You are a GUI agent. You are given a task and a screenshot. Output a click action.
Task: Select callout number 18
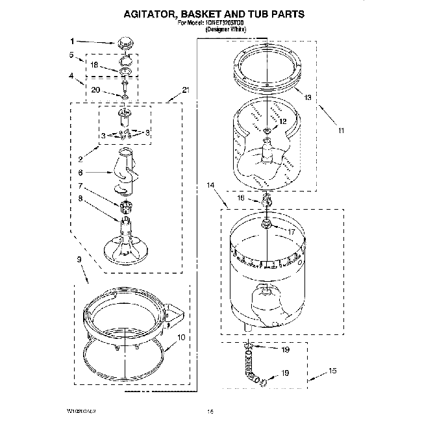point(94,66)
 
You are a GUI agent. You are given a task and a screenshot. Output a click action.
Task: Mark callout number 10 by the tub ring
point(180,338)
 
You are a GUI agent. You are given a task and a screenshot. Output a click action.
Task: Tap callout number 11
point(341,130)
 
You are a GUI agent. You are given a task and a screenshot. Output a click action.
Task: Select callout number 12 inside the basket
point(282,121)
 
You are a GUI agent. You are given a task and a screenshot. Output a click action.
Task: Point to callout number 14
point(210,186)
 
